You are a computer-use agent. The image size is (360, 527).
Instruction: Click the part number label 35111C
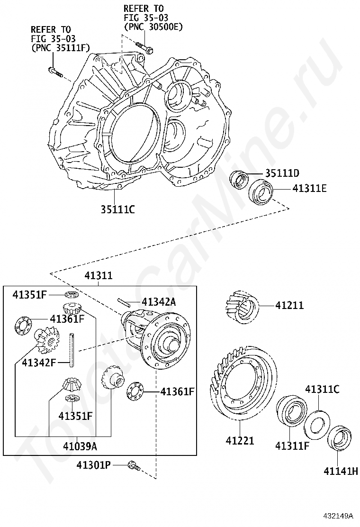[x=117, y=208]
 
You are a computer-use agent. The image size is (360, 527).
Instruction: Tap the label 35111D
[x=282, y=173]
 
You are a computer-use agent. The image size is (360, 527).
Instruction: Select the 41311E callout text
[x=309, y=188]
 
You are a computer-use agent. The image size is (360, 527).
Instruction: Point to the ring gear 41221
[x=242, y=384]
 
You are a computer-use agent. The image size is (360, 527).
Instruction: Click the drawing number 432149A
[x=339, y=515]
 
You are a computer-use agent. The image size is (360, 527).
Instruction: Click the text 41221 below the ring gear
[x=240, y=441]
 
